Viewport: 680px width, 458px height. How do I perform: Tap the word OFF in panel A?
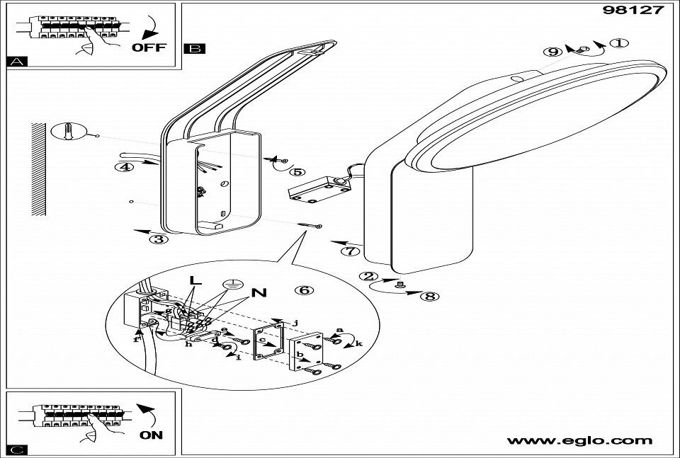click(149, 47)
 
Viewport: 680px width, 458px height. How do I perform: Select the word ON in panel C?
click(152, 435)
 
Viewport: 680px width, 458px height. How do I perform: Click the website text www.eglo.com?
click(579, 441)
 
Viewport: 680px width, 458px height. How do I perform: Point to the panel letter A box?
click(15, 62)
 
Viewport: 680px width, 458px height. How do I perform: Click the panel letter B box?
click(193, 49)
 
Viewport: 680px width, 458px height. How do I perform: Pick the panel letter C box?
click(15, 450)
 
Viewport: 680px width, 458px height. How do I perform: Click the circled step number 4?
click(125, 168)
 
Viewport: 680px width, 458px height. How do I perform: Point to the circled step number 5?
click(297, 171)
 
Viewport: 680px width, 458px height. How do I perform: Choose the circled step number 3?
click(159, 239)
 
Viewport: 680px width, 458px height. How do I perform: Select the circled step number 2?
click(367, 277)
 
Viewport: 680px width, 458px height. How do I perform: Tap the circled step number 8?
click(429, 296)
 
